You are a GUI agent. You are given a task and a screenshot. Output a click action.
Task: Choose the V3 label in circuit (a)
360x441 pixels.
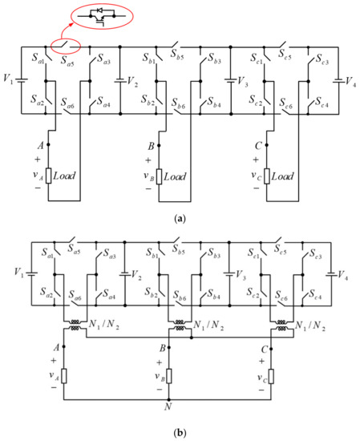pos(240,80)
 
